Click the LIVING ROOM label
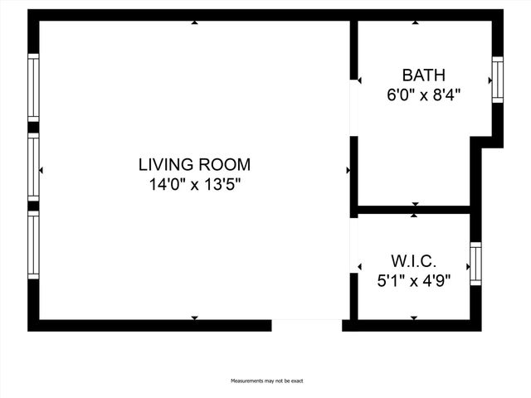pyautogui.click(x=194, y=164)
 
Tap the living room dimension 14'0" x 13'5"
pyautogui.click(x=194, y=184)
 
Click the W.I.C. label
pyautogui.click(x=413, y=260)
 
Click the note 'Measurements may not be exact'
pyautogui.click(x=267, y=381)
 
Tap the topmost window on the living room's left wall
pyautogui.click(x=33, y=87)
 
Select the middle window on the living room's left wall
pyautogui.click(x=33, y=167)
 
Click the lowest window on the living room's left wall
pyautogui.click(x=33, y=245)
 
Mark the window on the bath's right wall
pyautogui.click(x=498, y=80)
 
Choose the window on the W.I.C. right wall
pyautogui.click(x=475, y=265)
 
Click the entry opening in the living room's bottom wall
pyautogui.click(x=306, y=325)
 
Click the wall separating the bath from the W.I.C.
pyautogui.click(x=412, y=210)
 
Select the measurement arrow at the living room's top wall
pyautogui.click(x=194, y=23)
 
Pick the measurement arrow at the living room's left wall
pyautogui.click(x=41, y=170)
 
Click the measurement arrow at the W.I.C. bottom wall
pyautogui.click(x=414, y=318)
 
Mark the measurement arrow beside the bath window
pyautogui.click(x=489, y=80)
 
